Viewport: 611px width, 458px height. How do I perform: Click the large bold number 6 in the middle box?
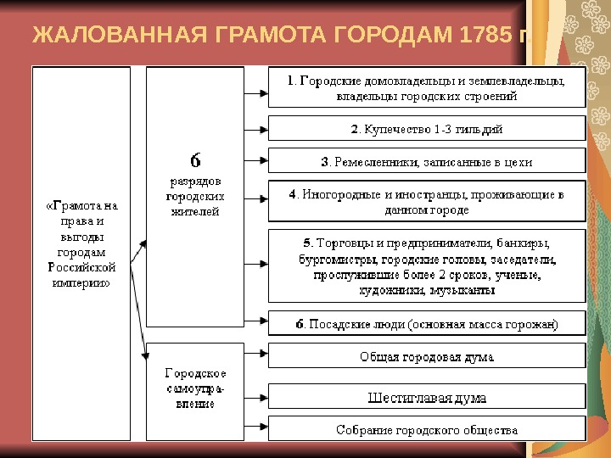point(194,160)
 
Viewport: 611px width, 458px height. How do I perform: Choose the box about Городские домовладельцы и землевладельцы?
point(426,88)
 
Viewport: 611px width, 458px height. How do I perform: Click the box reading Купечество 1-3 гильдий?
point(426,129)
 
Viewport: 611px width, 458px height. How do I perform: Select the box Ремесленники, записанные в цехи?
point(426,161)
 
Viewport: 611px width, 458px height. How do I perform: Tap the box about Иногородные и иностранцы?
point(426,202)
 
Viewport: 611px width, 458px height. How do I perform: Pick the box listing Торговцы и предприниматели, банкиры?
point(426,266)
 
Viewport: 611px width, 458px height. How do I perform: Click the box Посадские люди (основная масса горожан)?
point(426,324)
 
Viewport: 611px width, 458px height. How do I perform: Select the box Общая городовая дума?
point(426,356)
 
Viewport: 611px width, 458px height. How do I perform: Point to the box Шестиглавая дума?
point(426,397)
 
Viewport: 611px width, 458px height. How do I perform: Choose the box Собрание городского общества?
point(426,429)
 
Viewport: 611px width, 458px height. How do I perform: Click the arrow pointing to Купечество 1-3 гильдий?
point(256,130)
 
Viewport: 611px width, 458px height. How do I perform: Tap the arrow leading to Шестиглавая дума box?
point(256,397)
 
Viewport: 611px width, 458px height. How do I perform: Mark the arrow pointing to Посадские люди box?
point(256,323)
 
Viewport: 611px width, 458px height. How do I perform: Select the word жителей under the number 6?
point(194,212)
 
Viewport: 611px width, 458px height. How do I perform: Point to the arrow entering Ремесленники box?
point(256,161)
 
